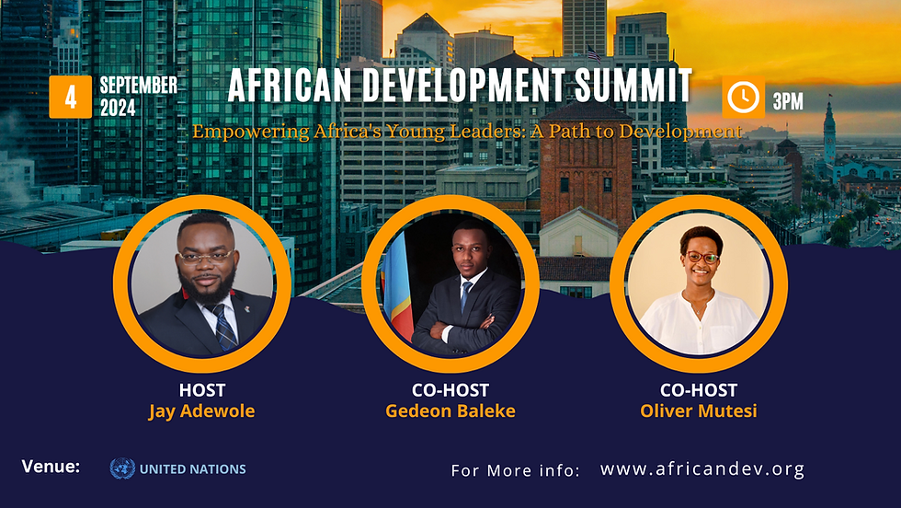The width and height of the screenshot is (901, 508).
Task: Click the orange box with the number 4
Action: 70,97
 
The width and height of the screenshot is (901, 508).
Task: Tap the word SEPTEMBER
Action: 139,86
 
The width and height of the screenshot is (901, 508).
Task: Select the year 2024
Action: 118,108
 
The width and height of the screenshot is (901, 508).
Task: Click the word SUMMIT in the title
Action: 633,86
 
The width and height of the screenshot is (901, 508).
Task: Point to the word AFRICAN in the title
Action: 289,86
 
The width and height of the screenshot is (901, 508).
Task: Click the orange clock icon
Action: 743,97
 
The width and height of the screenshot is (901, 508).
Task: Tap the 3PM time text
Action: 788,101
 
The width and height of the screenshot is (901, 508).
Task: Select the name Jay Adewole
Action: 201,410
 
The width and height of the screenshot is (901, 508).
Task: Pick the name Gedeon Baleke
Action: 450,410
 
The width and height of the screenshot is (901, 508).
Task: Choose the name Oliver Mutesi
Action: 699,410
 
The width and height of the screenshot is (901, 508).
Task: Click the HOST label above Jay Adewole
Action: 201,390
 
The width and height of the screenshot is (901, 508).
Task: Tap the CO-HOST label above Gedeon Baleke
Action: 450,390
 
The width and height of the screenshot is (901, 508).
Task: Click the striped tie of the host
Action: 224,327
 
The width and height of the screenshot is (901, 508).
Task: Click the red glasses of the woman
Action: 702,258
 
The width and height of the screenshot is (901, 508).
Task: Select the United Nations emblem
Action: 122,468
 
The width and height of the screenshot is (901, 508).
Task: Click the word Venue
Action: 51,466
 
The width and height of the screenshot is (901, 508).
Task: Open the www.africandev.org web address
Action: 702,468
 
